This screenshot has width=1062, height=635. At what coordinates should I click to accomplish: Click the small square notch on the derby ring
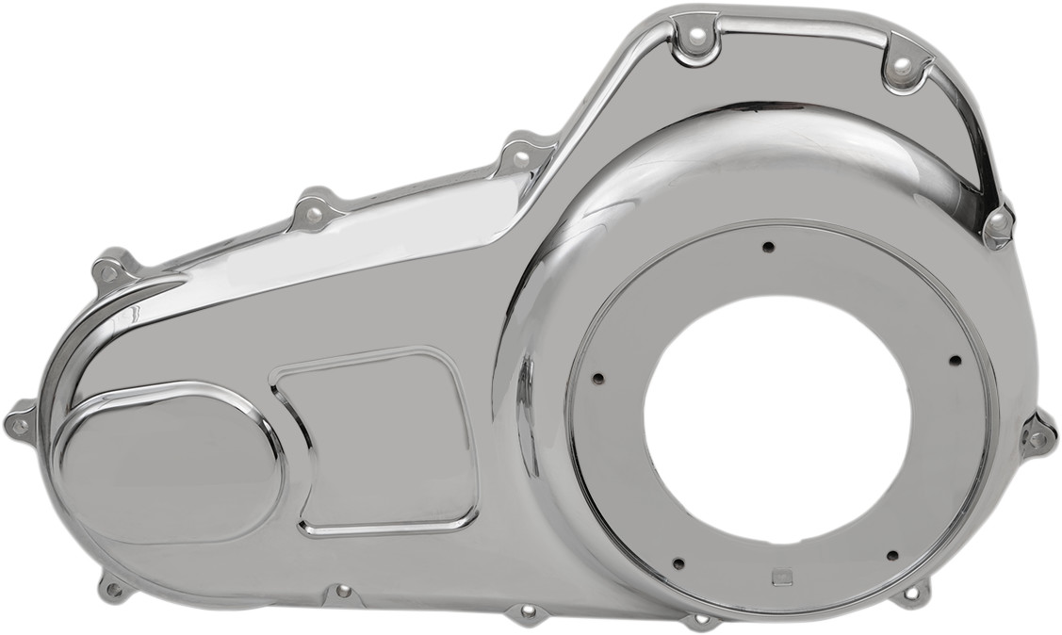pos(778,578)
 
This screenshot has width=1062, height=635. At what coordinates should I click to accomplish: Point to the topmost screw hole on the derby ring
pos(768,247)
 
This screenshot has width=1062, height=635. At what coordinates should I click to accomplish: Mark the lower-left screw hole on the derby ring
pos(677,563)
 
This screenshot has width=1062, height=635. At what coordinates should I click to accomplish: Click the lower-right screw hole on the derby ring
pos(891,556)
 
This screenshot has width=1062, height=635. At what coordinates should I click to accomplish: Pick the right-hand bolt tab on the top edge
pos(902,65)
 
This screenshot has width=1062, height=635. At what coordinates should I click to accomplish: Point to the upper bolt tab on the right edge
pos(997,224)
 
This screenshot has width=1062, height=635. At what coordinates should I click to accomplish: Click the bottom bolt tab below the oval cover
pos(114,590)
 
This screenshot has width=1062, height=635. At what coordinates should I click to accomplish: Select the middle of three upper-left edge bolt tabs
pos(315,213)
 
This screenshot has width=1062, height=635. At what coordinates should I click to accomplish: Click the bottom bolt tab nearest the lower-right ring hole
pos(910,594)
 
